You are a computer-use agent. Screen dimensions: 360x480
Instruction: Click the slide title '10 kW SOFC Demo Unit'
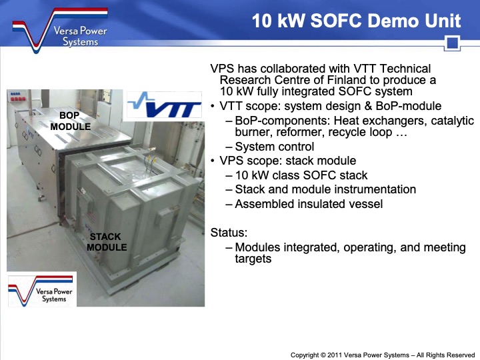point(356,21)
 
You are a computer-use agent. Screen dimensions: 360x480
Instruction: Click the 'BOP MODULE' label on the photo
point(70,121)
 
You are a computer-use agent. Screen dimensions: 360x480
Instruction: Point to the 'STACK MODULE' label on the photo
point(107,242)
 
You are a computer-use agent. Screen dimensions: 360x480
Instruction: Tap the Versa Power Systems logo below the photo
point(41,289)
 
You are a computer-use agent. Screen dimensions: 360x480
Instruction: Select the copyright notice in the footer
point(382,355)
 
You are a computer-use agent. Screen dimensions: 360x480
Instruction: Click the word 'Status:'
point(229,233)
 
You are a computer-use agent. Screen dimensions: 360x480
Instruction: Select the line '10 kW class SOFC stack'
point(301,175)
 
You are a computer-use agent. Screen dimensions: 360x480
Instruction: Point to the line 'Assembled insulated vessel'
point(309,204)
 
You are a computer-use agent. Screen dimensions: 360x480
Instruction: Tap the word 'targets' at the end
point(253,259)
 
